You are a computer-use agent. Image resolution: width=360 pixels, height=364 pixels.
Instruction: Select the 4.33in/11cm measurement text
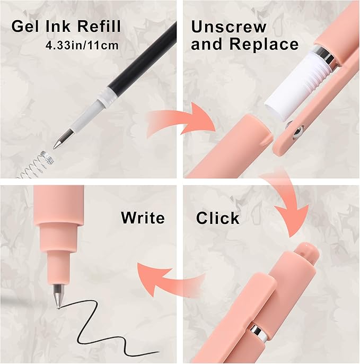[x=82, y=45]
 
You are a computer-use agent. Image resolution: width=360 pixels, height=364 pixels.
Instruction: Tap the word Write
[x=143, y=218]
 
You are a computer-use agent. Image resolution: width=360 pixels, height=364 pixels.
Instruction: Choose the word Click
[x=218, y=218]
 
